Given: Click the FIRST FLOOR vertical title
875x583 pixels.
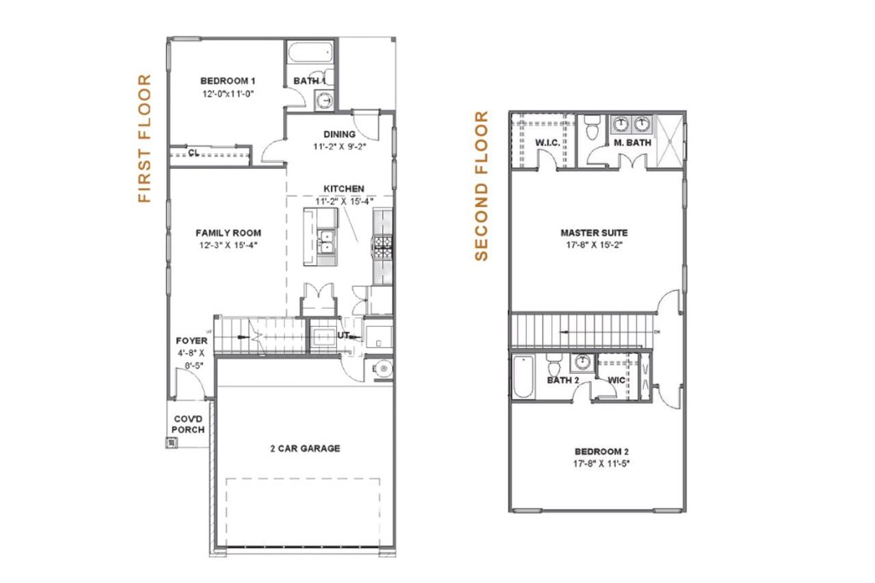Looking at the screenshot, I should [144, 139].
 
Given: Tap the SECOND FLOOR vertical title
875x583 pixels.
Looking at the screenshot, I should [482, 186].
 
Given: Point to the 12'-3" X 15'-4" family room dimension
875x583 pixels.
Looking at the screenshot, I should [228, 244].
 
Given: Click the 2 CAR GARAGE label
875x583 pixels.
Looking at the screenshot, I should [304, 448].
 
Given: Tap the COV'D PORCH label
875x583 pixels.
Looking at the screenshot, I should [188, 424].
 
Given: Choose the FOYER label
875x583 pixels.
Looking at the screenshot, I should [191, 340].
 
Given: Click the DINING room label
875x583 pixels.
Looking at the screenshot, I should [339, 134].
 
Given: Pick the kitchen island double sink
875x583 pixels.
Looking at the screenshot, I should [327, 241].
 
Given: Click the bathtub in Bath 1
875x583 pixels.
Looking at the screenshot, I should [310, 52].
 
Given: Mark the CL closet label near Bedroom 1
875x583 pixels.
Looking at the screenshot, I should [193, 153].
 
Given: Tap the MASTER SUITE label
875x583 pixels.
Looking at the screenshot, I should [593, 233].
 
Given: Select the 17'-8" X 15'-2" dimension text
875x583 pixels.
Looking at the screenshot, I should [593, 245].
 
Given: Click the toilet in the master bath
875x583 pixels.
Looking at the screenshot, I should [592, 127].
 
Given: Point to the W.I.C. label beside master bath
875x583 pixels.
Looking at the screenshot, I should [548, 143].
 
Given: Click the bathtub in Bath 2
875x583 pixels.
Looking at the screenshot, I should [522, 377].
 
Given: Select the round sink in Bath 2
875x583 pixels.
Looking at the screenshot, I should [582, 362].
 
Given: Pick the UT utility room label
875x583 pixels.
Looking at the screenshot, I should [343, 336].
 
